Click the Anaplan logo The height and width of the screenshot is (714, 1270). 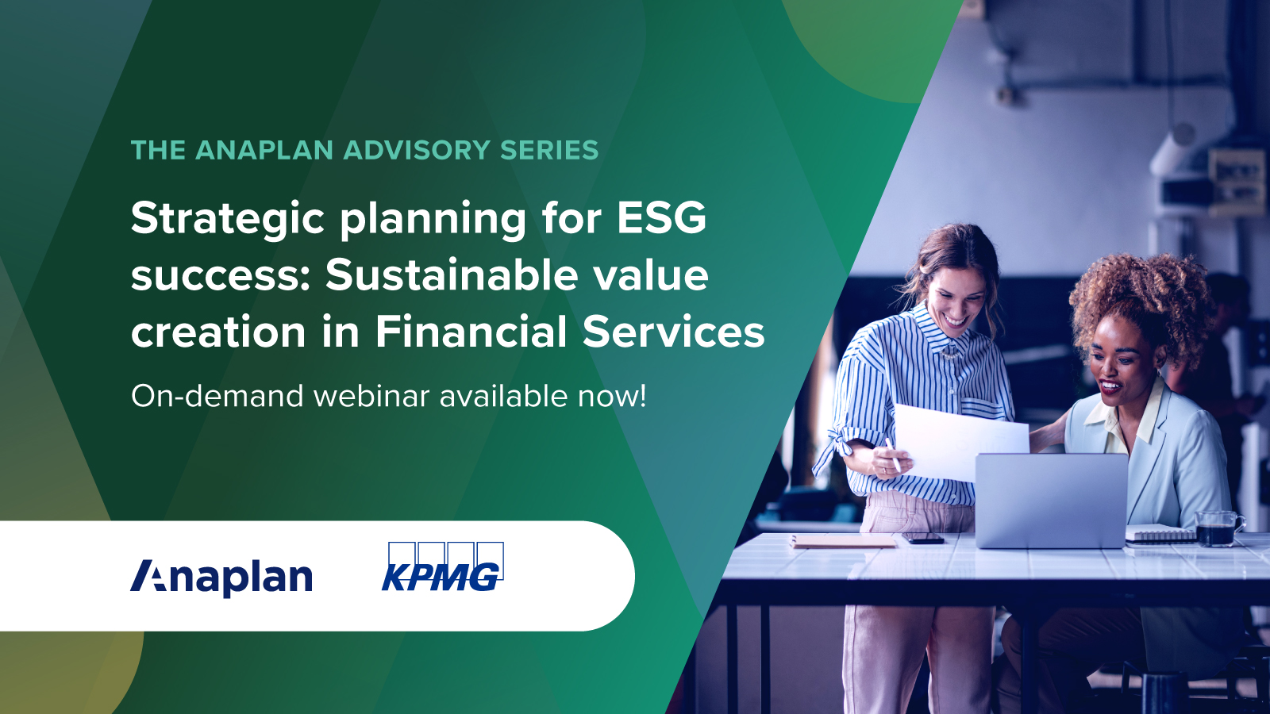[221, 578]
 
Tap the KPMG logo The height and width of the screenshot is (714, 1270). [442, 568]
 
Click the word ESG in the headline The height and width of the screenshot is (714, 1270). [661, 217]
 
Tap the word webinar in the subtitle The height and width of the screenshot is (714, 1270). [371, 396]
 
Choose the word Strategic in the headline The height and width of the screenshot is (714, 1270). [228, 219]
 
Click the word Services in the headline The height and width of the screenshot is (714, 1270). [673, 332]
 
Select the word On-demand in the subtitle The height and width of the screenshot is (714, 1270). [217, 396]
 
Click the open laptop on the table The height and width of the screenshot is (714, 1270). [1050, 501]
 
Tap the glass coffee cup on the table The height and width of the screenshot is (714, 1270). [1217, 528]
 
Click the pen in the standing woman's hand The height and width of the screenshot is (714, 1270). [893, 453]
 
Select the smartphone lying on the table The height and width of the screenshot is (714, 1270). [923, 539]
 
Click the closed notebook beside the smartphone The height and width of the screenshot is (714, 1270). [843, 541]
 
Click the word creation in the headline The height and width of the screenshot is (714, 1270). [218, 332]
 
